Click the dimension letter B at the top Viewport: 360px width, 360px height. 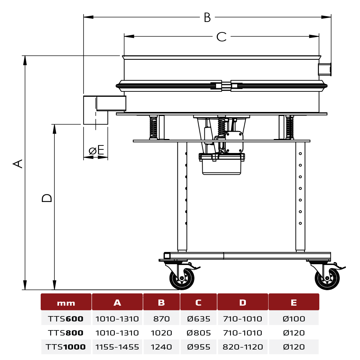pos(207,17)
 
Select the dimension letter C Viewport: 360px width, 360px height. pos(221,37)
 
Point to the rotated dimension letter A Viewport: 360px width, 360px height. pos(18,164)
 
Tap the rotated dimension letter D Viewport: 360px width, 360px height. pos(47,198)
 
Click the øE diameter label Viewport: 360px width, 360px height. pos(96,150)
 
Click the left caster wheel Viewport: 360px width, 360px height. pos(182,278)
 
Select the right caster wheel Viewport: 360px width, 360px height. pos(327,278)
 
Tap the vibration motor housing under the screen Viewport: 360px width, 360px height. pos(221,164)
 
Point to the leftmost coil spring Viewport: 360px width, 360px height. pos(153,127)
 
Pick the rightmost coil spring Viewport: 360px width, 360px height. pos(290,127)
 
